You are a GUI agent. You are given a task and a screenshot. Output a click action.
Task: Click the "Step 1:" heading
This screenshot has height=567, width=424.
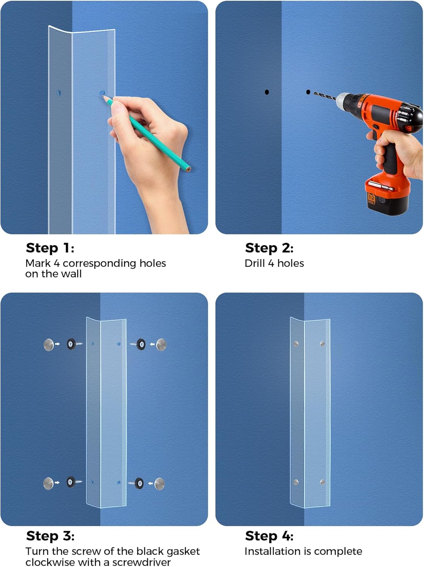click(x=50, y=248)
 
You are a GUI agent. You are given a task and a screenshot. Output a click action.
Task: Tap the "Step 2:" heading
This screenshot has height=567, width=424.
click(x=269, y=248)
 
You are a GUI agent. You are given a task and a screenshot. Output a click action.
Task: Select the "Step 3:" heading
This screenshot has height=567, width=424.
click(x=50, y=536)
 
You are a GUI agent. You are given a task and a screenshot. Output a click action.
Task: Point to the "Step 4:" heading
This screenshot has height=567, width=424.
click(x=269, y=536)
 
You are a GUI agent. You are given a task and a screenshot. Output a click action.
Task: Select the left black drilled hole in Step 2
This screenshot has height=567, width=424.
click(x=267, y=92)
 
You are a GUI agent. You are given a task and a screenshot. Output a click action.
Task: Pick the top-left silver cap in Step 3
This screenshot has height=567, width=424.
click(x=49, y=344)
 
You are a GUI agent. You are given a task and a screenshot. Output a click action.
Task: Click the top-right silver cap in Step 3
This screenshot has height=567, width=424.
click(x=161, y=344)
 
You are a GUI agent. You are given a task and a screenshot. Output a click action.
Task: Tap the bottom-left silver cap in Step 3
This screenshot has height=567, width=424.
click(x=48, y=483)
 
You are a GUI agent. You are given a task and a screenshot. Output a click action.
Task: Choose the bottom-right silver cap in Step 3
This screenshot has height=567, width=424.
click(x=160, y=483)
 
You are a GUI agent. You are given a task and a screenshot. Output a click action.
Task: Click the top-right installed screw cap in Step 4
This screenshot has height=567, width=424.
click(x=323, y=344)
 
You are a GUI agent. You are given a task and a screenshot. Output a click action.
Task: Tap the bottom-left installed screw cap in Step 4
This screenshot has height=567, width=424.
click(x=296, y=482)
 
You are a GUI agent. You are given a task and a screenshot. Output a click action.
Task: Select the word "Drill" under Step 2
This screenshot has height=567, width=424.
click(x=255, y=263)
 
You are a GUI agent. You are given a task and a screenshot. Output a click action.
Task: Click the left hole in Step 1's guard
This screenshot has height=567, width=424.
click(x=59, y=92)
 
